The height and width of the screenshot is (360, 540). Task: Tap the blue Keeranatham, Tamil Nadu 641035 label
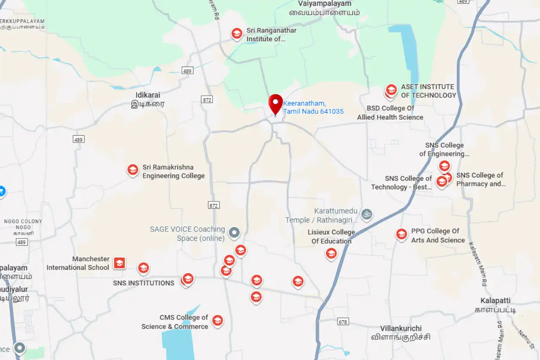pos(313,107)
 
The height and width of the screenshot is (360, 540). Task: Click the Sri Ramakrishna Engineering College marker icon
pos(133,170)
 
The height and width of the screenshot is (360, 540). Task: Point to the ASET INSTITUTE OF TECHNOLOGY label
pos(428,91)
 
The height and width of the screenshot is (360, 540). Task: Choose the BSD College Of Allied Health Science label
pos(390,113)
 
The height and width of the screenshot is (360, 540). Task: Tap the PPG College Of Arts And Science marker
pos(402,234)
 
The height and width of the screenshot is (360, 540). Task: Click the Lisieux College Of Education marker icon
pos(331,253)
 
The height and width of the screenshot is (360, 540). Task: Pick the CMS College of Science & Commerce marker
pos(217,321)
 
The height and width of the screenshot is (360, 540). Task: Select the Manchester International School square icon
pos(119,263)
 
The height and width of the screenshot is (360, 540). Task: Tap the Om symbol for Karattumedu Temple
pos(367,214)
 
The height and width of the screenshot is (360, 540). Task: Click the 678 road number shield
pos(343,322)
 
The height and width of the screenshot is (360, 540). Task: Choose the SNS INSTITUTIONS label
pos(143,283)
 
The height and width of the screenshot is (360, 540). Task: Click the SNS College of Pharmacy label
pos(481,179)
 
